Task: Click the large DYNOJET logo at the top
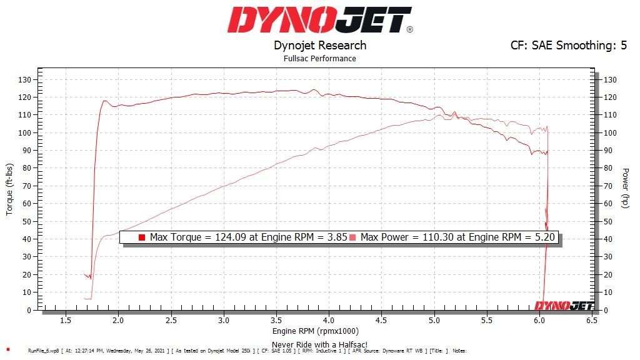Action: pos(319,20)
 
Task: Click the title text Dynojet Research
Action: pos(320,46)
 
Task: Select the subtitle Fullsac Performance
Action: pos(320,59)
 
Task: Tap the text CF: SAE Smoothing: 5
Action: pos(569,46)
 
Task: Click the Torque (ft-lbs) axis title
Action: pos(9,190)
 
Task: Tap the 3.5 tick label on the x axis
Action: pos(276,320)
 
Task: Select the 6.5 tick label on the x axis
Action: pos(591,320)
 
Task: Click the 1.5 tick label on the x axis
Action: pos(65,320)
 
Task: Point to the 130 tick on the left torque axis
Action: pos(25,79)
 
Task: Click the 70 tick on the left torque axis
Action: pos(27,186)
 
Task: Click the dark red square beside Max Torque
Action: pos(142,237)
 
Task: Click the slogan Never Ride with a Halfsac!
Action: pos(319,344)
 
